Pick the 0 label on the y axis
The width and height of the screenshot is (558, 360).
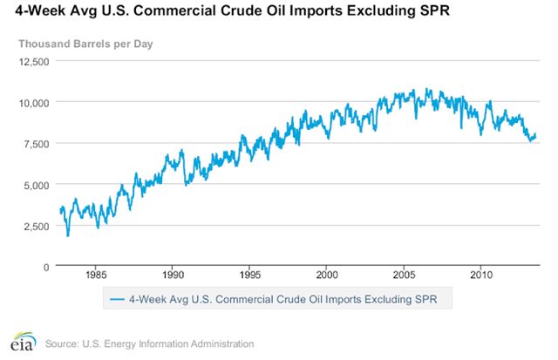pyautogui.click(x=47, y=267)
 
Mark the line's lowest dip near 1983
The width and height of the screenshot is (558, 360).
pyautogui.click(x=68, y=235)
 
